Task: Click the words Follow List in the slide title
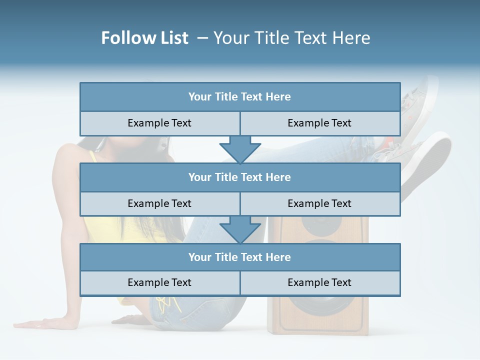pyautogui.click(x=145, y=38)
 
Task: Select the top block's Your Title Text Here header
pyautogui.click(x=240, y=97)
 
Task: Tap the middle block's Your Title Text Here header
pyautogui.click(x=240, y=177)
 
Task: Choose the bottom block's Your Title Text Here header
pyautogui.click(x=240, y=257)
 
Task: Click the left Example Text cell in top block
pyautogui.click(x=159, y=123)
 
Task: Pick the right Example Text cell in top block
pyautogui.click(x=319, y=123)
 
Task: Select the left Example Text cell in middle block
pyautogui.click(x=159, y=203)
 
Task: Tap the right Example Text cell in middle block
pyautogui.click(x=319, y=203)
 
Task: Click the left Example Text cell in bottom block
pyautogui.click(x=159, y=282)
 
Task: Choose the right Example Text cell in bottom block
pyautogui.click(x=319, y=282)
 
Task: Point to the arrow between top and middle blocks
pyautogui.click(x=240, y=149)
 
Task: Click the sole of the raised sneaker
pyautogui.click(x=430, y=160)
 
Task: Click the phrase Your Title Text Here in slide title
pyautogui.click(x=292, y=38)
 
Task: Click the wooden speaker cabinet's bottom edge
pyautogui.click(x=318, y=332)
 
